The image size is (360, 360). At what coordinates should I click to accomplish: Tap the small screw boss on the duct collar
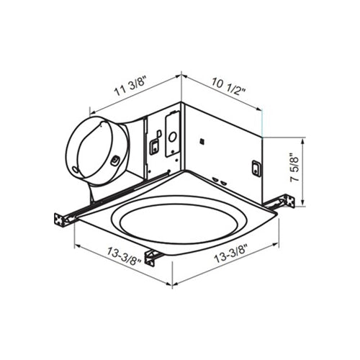114,159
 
